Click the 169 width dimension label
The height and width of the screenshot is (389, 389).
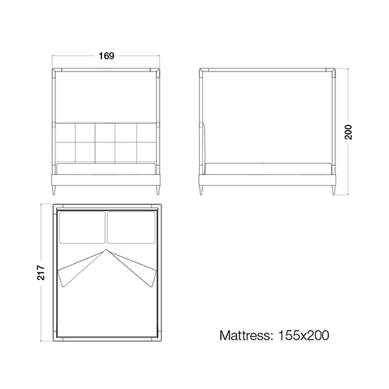[x=107, y=56]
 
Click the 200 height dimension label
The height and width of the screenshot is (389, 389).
[x=349, y=132]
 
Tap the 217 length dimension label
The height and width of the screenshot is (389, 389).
[x=41, y=272]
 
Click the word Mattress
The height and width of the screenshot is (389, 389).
[x=246, y=335]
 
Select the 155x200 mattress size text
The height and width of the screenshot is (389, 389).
[x=303, y=335]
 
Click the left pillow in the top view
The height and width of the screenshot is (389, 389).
[x=82, y=227]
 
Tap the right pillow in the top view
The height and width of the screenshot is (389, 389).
[x=131, y=227]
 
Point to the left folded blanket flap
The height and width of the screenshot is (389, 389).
[x=78, y=270]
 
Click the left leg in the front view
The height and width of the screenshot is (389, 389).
[x=54, y=190]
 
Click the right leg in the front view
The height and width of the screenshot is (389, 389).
[x=158, y=190]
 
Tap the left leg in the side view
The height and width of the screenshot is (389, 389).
[x=202, y=190]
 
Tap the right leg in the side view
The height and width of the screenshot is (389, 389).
[x=333, y=190]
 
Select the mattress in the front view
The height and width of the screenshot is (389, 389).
[x=107, y=169]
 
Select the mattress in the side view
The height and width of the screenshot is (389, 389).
[x=268, y=169]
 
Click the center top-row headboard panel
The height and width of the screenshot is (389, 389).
[x=105, y=132]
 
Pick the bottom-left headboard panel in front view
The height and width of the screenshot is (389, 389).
[x=65, y=152]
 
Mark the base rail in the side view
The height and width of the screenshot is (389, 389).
[x=267, y=180]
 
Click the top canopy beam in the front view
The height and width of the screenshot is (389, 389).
[x=107, y=69]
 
